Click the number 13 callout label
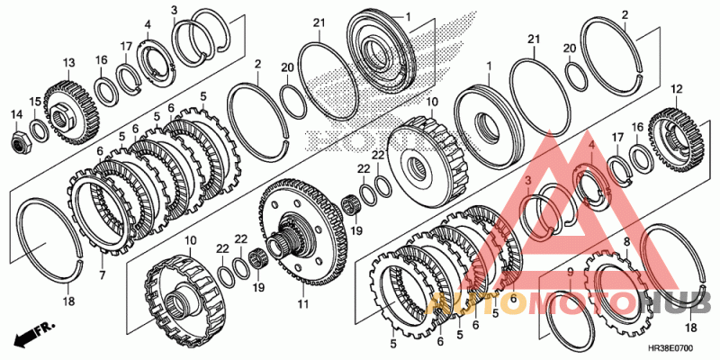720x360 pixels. pos(67,63)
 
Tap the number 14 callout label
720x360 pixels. pos(16,114)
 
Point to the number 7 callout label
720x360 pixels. pos(102,274)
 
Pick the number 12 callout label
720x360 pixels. pos(676,89)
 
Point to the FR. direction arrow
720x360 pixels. pos(31,336)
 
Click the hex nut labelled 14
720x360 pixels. pos(18,139)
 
